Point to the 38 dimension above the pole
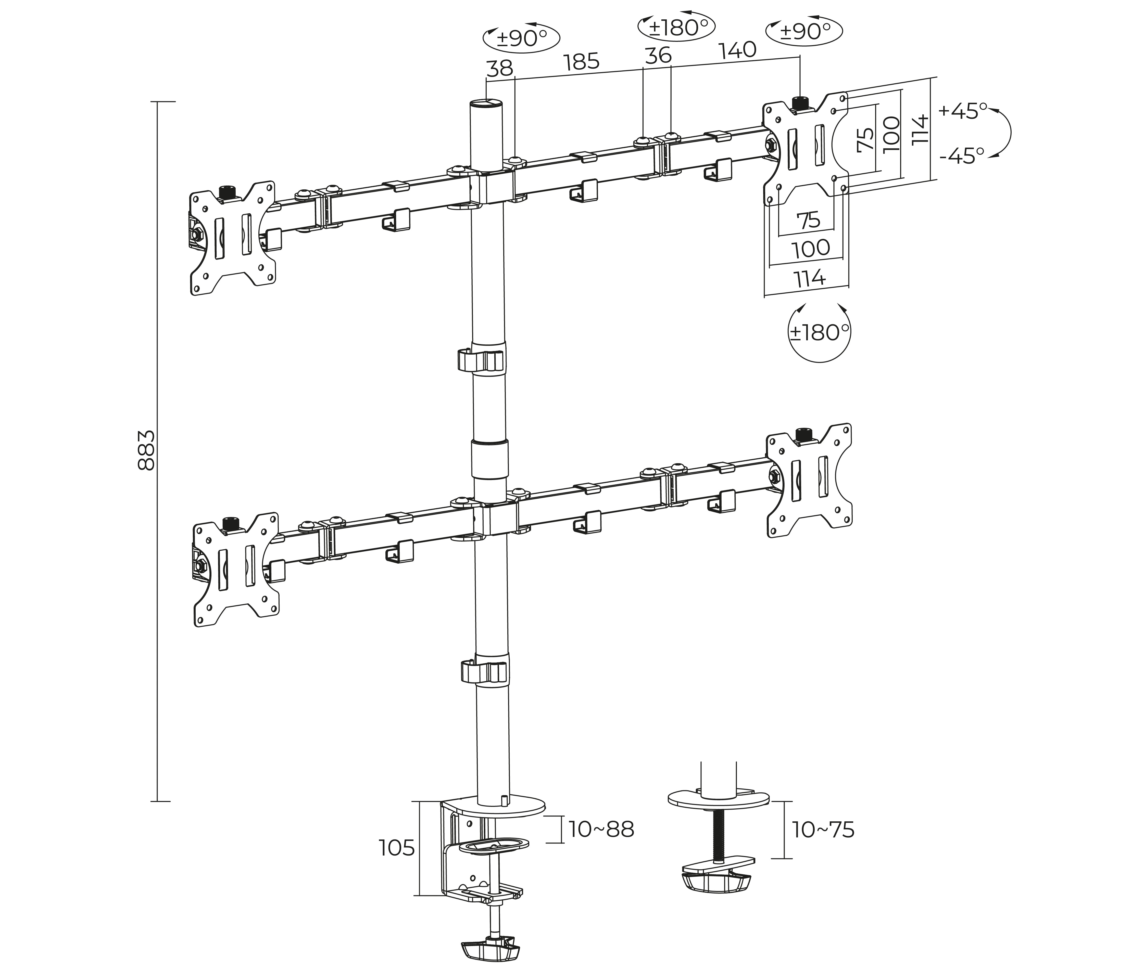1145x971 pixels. [x=499, y=68]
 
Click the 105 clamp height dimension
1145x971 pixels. [x=397, y=848]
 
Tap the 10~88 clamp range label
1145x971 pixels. [x=601, y=829]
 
